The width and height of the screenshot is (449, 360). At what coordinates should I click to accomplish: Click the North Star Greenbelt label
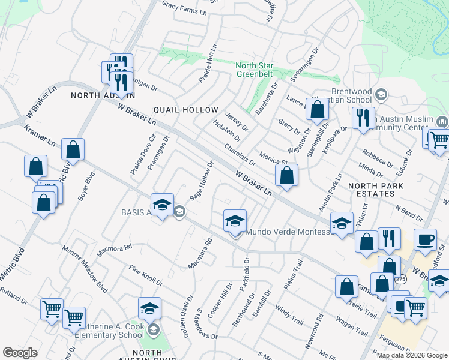pos(254,70)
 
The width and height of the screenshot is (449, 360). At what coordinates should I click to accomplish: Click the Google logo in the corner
pos(20,353)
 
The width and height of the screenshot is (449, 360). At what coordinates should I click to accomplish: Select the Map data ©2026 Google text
pos(412,355)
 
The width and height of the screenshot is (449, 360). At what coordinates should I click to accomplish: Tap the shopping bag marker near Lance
pos(318,109)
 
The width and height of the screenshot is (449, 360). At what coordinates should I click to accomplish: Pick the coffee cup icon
pos(426,239)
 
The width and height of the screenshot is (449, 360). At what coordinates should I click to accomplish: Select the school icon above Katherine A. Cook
pos(149,308)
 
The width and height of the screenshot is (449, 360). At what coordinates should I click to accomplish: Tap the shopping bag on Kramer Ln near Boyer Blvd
pos(73,149)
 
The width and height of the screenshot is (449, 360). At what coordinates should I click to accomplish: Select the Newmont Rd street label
pos(318,329)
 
